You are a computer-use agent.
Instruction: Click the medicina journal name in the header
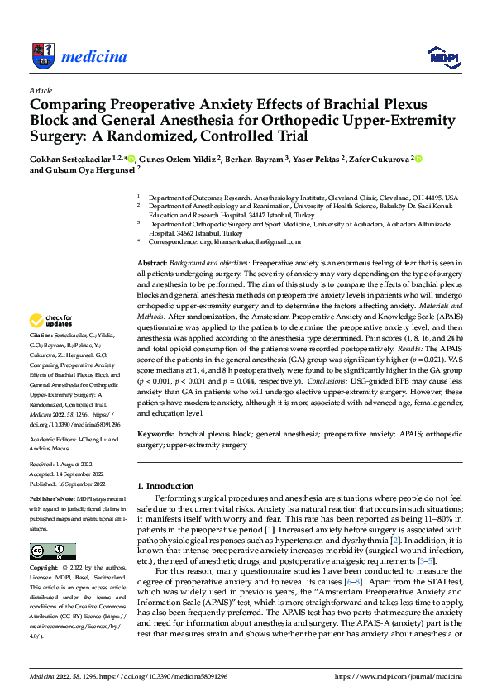tap(93, 56)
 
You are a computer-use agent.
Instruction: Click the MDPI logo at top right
tap(442, 56)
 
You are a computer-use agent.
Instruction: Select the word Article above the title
tap(41, 90)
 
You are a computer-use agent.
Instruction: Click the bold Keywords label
tap(157, 433)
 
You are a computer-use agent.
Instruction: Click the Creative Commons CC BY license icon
tap(52, 551)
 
